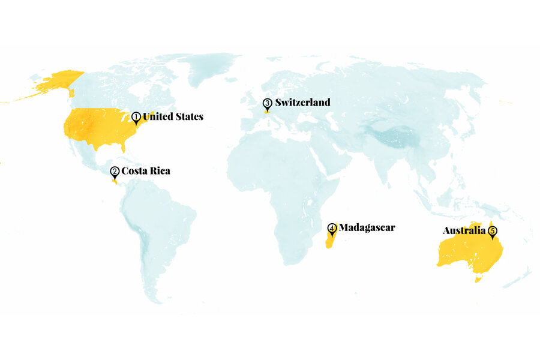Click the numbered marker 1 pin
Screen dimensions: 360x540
pyautogui.click(x=136, y=117)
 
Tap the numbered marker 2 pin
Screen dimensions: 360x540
pyautogui.click(x=115, y=172)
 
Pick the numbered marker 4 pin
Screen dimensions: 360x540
pyautogui.click(x=332, y=229)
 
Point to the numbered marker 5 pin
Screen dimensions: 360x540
pyautogui.click(x=493, y=231)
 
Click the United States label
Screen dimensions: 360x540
pyautogui.click(x=173, y=116)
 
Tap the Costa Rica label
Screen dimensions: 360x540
pyautogui.click(x=146, y=171)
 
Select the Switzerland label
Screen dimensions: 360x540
pyautogui.click(x=302, y=103)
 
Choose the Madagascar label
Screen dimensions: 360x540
pyautogui.click(x=367, y=228)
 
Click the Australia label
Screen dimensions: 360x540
pyautogui.click(x=464, y=230)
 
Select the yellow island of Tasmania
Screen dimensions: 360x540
pyautogui.click(x=478, y=278)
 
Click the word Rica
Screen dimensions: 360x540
pyautogui.click(x=158, y=171)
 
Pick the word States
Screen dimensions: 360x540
pyautogui.click(x=188, y=116)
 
